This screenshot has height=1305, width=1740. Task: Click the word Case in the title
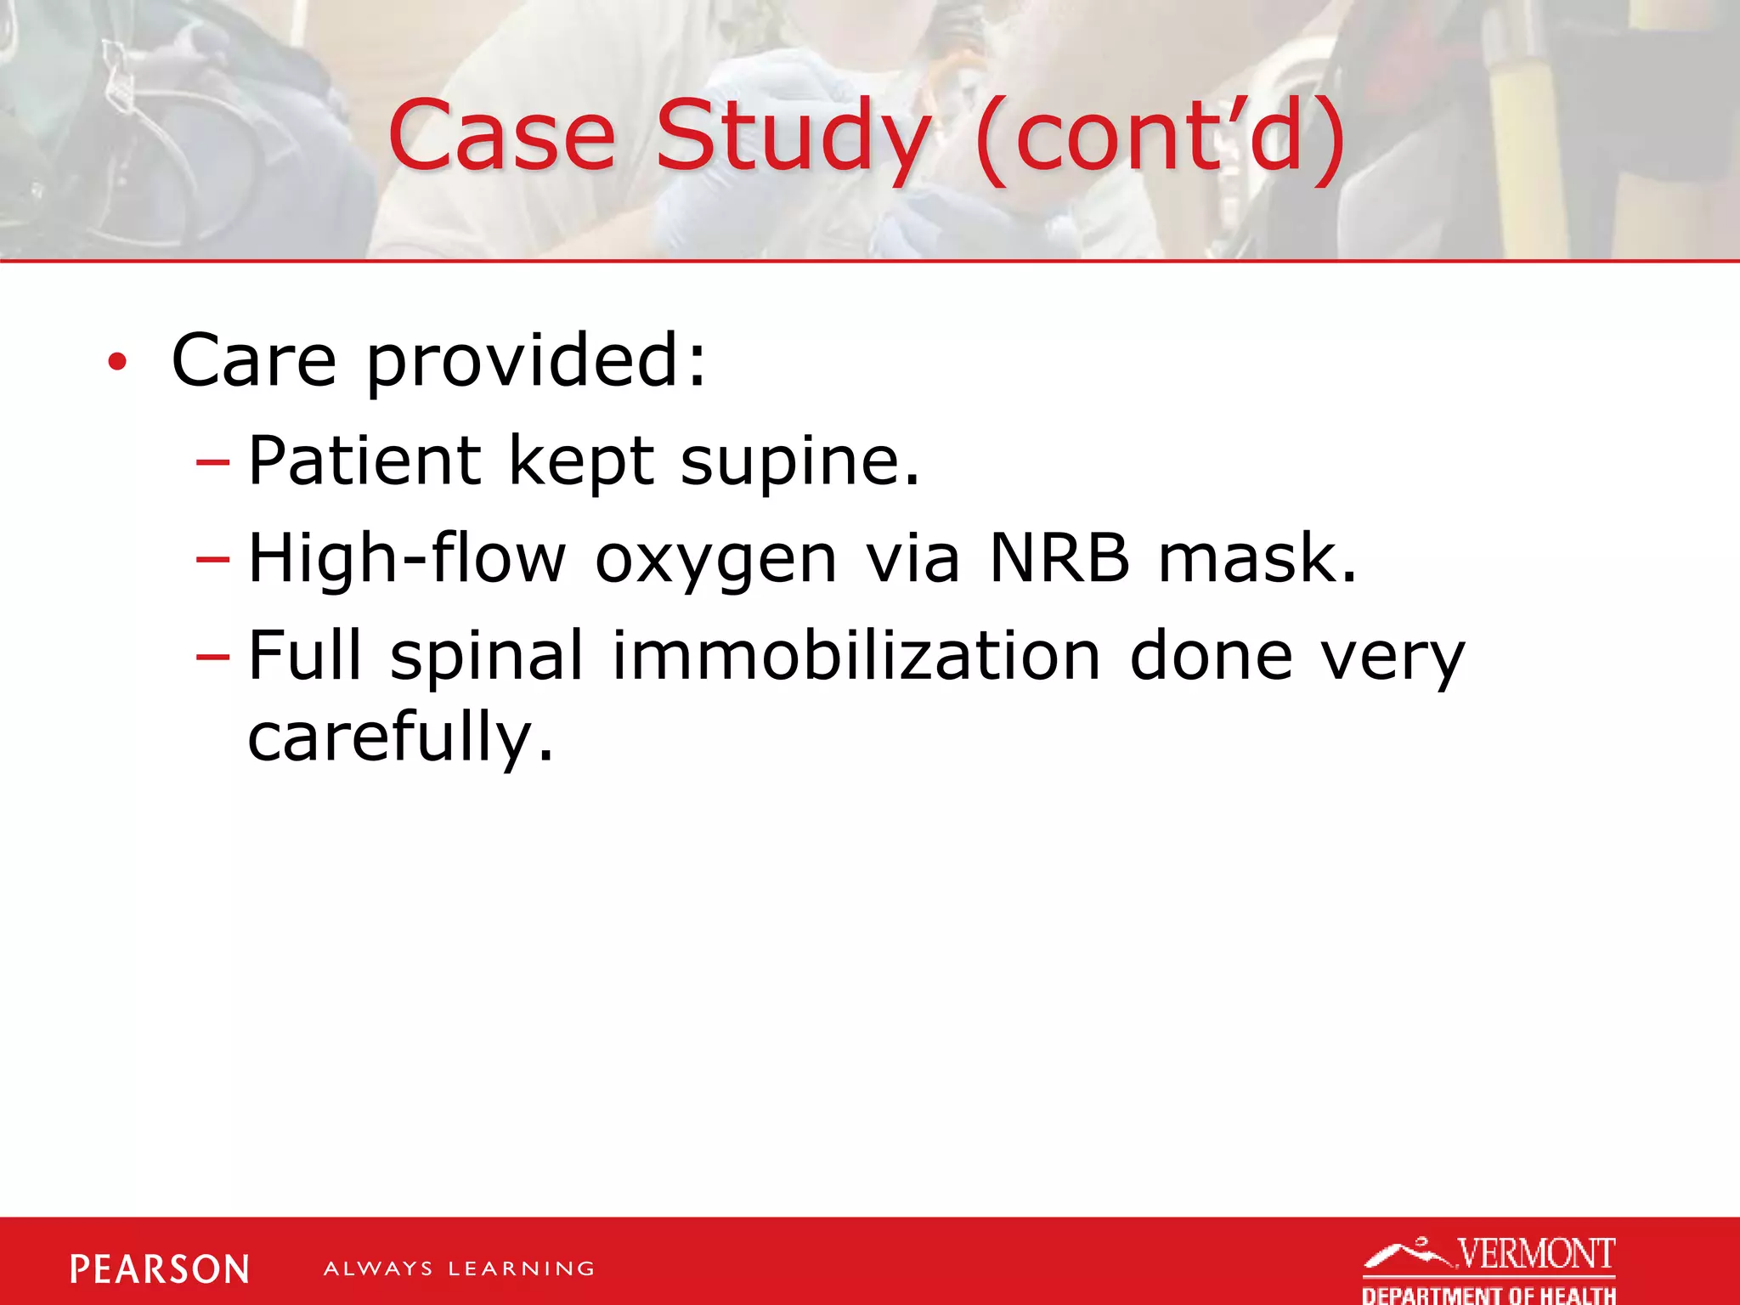(x=501, y=136)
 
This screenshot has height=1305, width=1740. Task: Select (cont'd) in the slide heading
(x=1161, y=136)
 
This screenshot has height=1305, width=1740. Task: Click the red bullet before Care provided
(x=117, y=363)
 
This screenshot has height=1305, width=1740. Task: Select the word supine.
(x=799, y=460)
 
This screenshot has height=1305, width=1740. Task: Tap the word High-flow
(x=406, y=558)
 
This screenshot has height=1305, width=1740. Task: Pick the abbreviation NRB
(x=1059, y=558)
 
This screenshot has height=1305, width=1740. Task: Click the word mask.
(x=1257, y=558)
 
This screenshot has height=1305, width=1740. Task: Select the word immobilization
(x=856, y=656)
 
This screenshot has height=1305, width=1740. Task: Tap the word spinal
(x=487, y=656)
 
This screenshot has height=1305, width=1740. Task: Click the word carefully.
(x=400, y=737)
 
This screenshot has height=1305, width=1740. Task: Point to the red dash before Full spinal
(x=212, y=657)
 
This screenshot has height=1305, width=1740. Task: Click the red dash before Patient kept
(x=212, y=462)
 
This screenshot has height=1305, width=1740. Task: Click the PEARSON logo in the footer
(x=160, y=1269)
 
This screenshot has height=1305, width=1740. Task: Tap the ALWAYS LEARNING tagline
(x=459, y=1269)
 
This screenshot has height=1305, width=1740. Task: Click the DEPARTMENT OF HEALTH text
(x=1489, y=1294)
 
